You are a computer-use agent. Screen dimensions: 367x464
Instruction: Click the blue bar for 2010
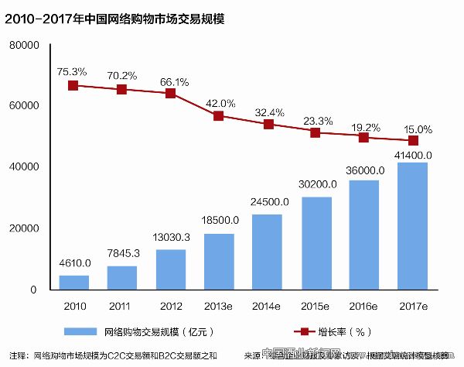pos(73,282)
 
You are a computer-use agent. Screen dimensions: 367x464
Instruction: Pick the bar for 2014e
pos(267,252)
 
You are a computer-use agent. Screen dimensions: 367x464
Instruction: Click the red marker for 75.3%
pos(73,85)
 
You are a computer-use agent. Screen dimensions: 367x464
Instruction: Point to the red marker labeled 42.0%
pos(219,115)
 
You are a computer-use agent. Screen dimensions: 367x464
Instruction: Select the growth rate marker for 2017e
pos(413,140)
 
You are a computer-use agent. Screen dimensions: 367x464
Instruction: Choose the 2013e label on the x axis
pos(219,306)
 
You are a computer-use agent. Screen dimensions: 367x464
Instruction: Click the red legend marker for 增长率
pos(305,331)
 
